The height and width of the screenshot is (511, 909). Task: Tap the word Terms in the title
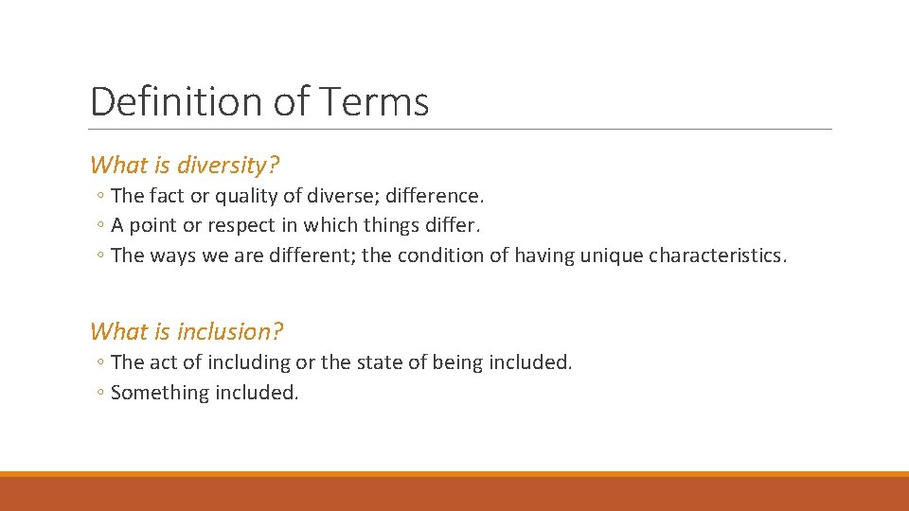pyautogui.click(x=377, y=101)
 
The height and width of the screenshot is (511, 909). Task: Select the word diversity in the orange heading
pyautogui.click(x=227, y=166)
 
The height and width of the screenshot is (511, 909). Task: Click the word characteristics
pyautogui.click(x=717, y=255)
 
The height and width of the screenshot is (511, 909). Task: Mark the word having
pyautogui.click(x=541, y=256)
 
